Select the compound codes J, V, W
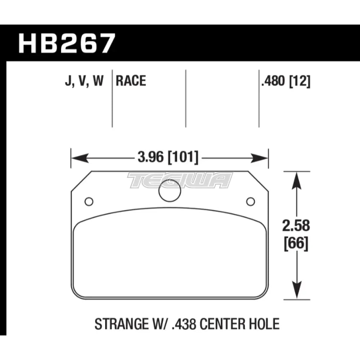coord(84,81)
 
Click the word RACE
coord(131,81)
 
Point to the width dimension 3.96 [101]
coord(168,158)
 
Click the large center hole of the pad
coord(170,190)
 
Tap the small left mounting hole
coord(89,202)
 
